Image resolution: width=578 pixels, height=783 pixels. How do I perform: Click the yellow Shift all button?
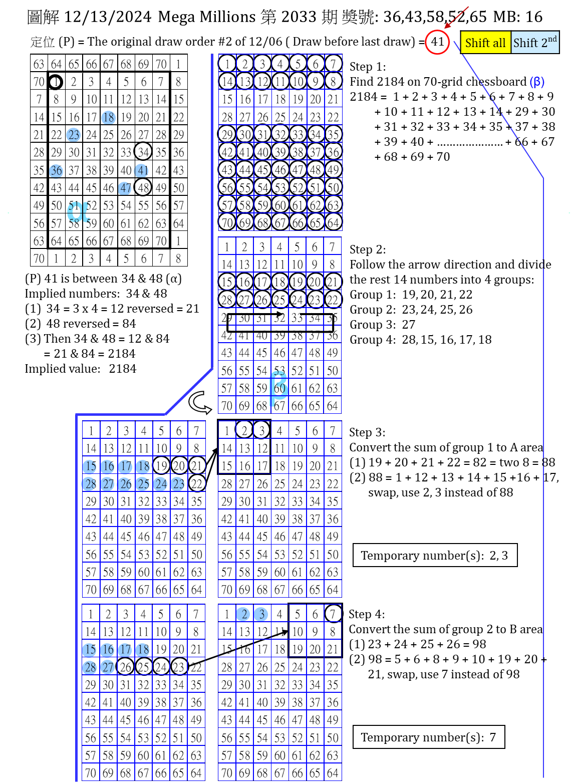(485, 43)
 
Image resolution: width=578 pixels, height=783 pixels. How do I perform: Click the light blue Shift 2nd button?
(534, 43)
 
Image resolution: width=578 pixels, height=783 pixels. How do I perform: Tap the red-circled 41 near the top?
(437, 42)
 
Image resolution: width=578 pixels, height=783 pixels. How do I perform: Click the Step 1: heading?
(368, 67)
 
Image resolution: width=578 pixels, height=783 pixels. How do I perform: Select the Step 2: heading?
(368, 249)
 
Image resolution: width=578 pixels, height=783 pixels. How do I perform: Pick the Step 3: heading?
(368, 432)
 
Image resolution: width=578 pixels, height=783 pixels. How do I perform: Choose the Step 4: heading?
(367, 614)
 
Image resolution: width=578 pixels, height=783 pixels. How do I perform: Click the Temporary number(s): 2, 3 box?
(435, 556)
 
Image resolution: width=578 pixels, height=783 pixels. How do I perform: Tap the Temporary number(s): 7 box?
(429, 737)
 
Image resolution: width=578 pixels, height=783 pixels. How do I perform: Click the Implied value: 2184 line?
(81, 369)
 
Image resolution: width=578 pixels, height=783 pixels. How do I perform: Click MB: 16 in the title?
(518, 17)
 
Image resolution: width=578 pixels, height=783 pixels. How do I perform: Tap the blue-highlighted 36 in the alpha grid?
(56, 170)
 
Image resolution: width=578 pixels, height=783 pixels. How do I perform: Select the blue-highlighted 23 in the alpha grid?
(74, 135)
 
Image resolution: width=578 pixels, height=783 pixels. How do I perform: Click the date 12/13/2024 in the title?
(108, 17)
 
